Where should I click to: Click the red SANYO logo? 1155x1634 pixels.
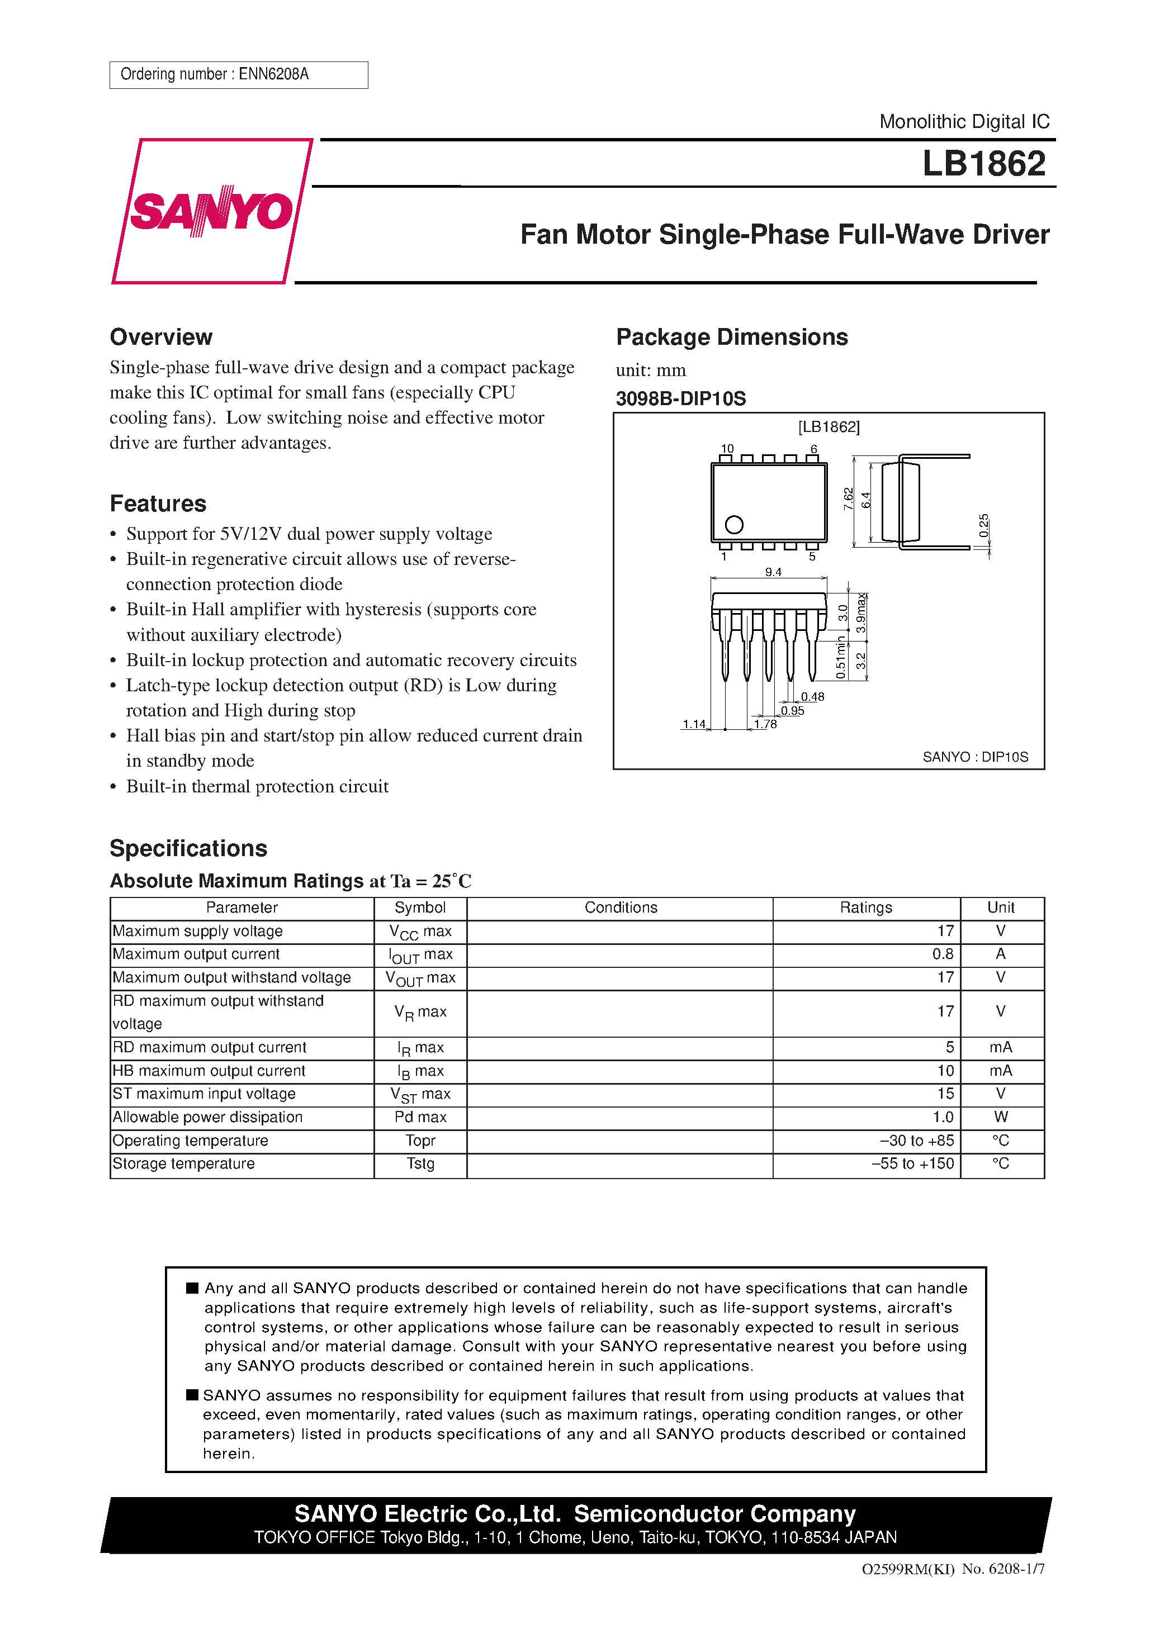click(211, 211)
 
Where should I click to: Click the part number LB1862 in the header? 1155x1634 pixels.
click(983, 164)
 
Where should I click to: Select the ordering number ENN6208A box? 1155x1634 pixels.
click(239, 75)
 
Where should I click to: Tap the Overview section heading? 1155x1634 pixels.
click(161, 336)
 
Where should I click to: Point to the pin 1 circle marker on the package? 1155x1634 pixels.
click(733, 525)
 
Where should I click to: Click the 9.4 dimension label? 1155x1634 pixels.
click(773, 572)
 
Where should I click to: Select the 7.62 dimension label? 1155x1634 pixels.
click(848, 498)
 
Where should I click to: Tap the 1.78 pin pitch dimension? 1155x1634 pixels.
click(765, 724)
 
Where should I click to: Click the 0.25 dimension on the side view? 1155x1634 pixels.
click(983, 525)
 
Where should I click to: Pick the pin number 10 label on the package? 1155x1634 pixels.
click(726, 448)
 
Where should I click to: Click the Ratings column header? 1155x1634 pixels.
click(865, 908)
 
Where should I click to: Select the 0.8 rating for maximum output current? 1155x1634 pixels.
click(942, 954)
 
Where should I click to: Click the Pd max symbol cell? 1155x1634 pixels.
click(420, 1117)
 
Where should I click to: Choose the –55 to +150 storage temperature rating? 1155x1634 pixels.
click(912, 1163)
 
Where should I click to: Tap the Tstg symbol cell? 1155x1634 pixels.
click(420, 1163)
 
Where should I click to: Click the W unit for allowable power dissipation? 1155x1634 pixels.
click(1001, 1117)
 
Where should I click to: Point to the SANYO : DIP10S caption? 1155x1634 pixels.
click(975, 757)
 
